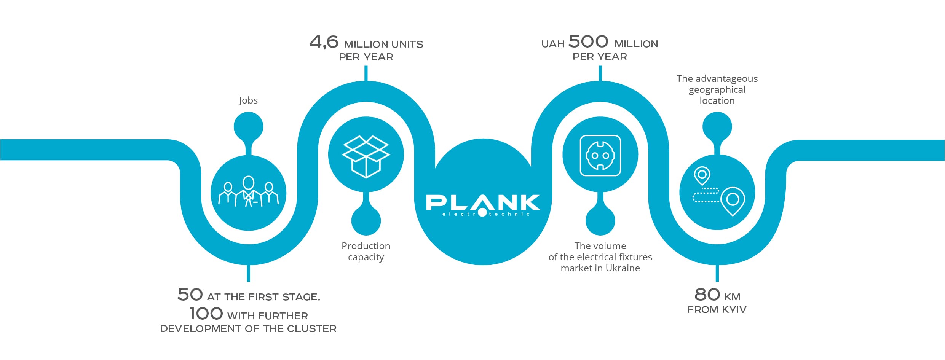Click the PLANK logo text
tap(483, 202)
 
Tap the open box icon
tap(366, 156)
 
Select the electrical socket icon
tap(600, 156)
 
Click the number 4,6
tap(324, 42)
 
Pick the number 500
tap(588, 41)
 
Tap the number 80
tap(707, 295)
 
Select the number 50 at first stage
tap(190, 295)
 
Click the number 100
tap(206, 314)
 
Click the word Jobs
tap(248, 100)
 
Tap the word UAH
tap(553, 44)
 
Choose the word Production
tap(366, 246)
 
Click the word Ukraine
tap(623, 268)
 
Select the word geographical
tap(717, 90)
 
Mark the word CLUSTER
tap(312, 329)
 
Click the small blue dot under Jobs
tap(248, 126)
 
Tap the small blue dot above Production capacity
tap(366, 221)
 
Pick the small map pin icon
tap(702, 176)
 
